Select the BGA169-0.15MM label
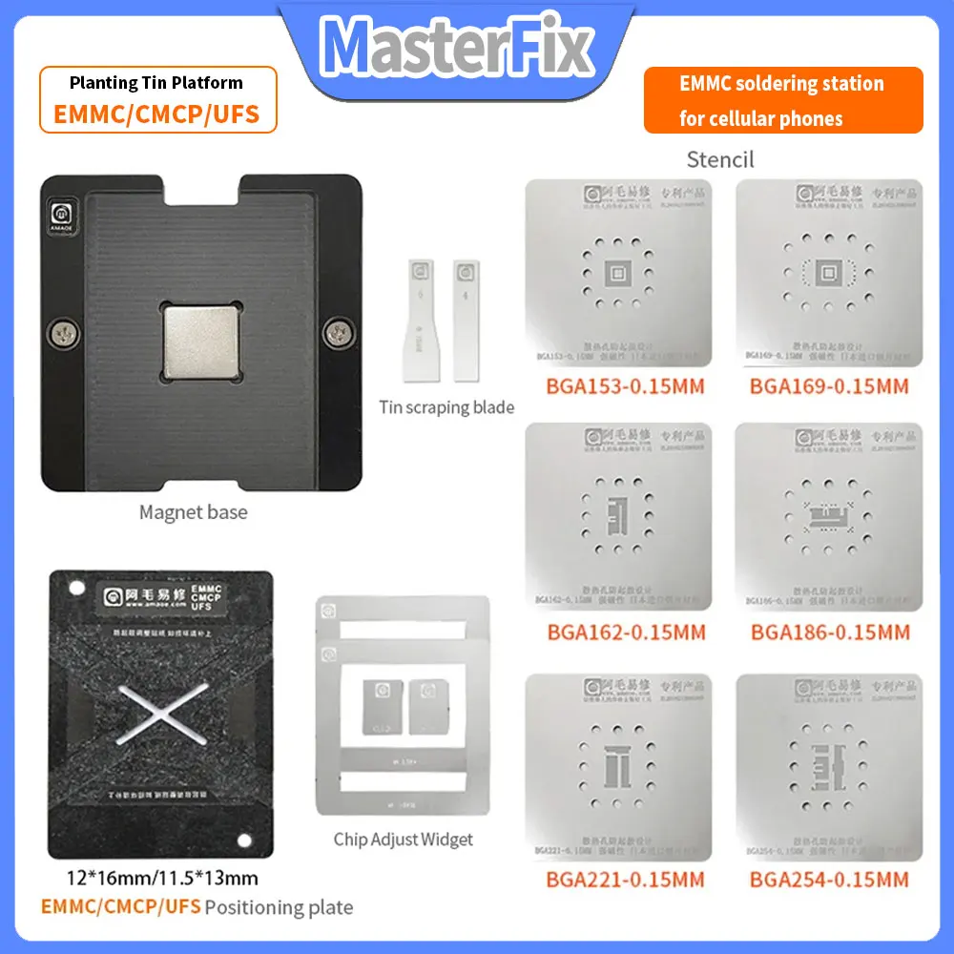click(x=829, y=386)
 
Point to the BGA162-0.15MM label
click(x=626, y=633)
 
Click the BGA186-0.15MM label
click(x=830, y=633)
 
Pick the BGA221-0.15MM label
click(x=625, y=879)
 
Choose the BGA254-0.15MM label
click(x=829, y=879)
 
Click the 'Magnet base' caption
click(x=193, y=512)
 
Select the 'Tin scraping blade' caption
click(x=446, y=408)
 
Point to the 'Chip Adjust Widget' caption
click(x=403, y=840)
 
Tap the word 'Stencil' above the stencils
click(x=720, y=159)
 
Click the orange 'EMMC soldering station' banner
click(x=782, y=100)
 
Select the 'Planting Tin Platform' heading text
click(x=156, y=83)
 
